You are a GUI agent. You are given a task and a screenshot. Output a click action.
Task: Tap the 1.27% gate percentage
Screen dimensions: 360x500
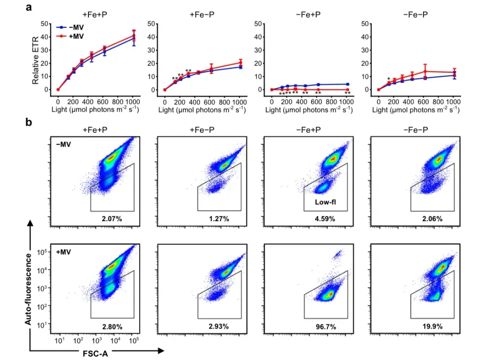219,218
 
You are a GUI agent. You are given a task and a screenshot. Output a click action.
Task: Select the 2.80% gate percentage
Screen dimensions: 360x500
112,327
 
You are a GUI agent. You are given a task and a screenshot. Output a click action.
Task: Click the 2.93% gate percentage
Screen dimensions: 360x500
219,327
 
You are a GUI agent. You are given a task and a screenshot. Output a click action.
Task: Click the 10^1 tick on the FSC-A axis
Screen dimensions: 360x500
60,341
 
